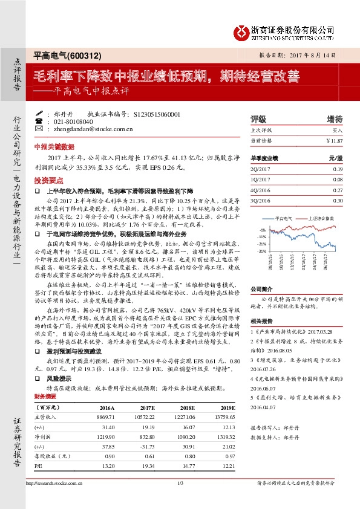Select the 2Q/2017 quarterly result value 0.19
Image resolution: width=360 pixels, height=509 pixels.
(337, 169)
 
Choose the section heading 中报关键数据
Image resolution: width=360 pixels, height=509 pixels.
(54, 146)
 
